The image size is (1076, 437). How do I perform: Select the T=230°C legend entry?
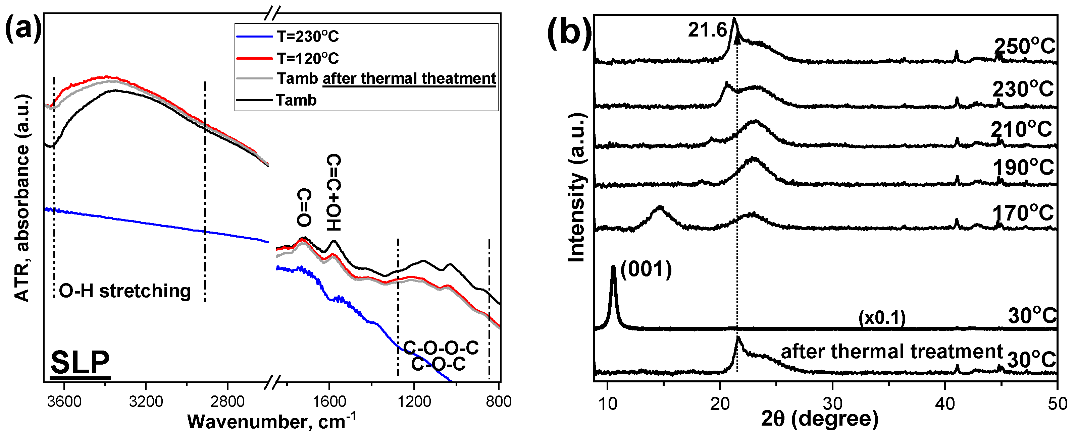pyautogui.click(x=307, y=37)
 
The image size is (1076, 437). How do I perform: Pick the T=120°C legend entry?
pyautogui.click(x=307, y=58)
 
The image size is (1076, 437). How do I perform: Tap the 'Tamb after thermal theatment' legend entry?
pyautogui.click(x=387, y=78)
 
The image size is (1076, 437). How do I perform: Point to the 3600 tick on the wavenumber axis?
pyautogui.click(x=64, y=401)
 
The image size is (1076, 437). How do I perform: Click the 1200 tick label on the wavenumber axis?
pyautogui.click(x=414, y=401)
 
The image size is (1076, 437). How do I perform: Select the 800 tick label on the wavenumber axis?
pyautogui.click(x=498, y=401)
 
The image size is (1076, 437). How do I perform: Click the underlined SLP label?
pyautogui.click(x=80, y=362)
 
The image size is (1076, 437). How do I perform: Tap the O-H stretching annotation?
pyautogui.click(x=125, y=291)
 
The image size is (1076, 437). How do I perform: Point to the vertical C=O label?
pyautogui.click(x=304, y=207)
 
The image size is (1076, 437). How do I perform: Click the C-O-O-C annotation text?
pyautogui.click(x=441, y=348)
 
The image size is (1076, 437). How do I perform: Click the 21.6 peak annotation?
pyautogui.click(x=707, y=30)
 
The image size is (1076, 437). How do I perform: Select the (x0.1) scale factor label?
pyautogui.click(x=882, y=318)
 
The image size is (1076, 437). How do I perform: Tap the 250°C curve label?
pyautogui.click(x=1024, y=46)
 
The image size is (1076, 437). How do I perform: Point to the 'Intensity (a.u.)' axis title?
pyautogui.click(x=576, y=188)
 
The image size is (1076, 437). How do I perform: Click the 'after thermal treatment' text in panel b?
pyautogui.click(x=892, y=352)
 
